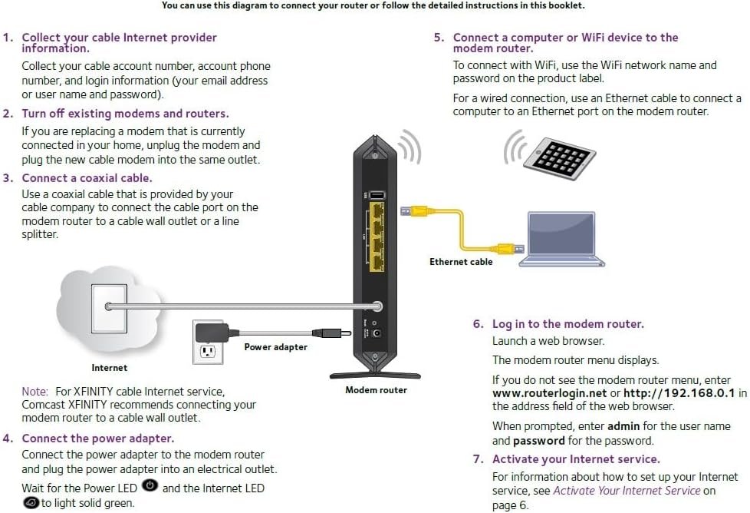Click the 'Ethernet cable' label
click(x=461, y=262)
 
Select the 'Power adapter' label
click(x=275, y=347)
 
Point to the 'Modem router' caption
click(x=376, y=390)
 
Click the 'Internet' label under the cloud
click(x=110, y=368)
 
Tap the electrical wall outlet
click(x=206, y=350)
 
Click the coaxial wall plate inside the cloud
click(x=110, y=306)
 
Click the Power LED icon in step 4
click(x=150, y=486)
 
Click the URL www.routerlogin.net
click(x=549, y=393)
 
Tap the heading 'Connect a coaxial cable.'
click(x=87, y=178)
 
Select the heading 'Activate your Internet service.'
click(x=575, y=459)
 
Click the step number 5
click(x=438, y=38)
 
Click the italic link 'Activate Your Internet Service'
click(x=627, y=491)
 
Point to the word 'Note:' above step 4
click(x=35, y=392)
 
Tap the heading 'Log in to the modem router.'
click(x=567, y=324)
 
